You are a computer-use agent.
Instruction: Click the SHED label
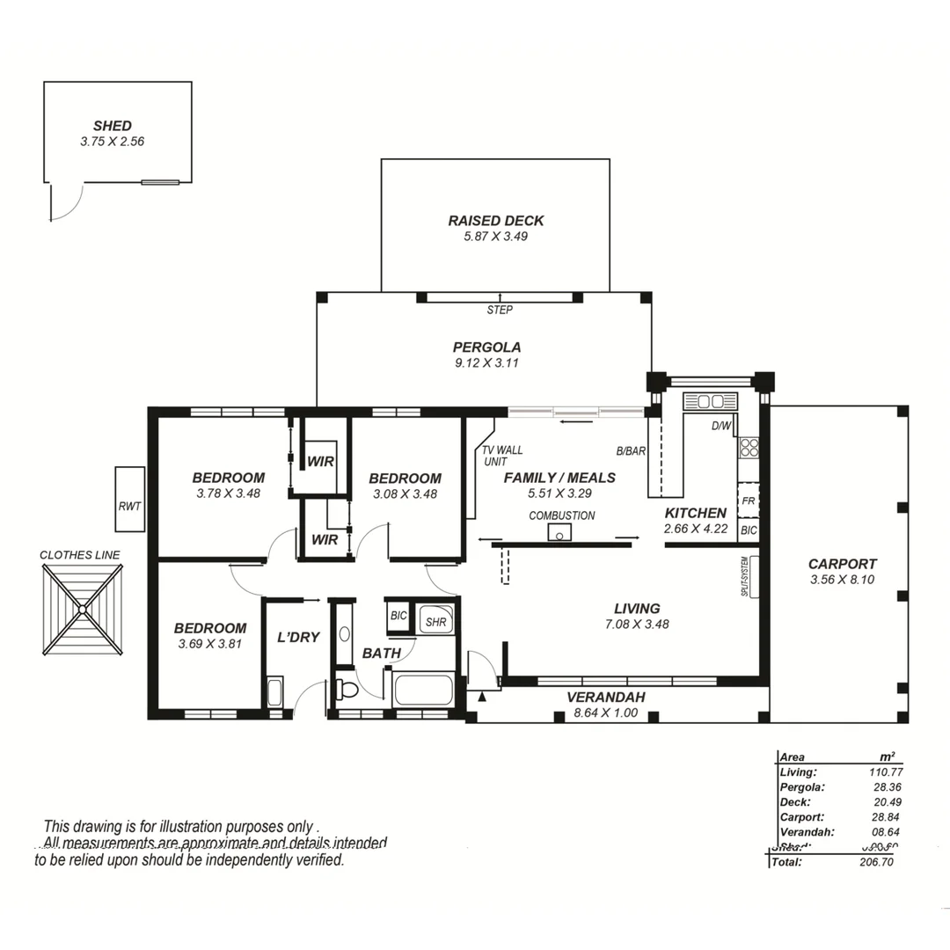coord(113,126)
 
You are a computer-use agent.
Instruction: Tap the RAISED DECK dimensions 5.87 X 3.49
coord(495,236)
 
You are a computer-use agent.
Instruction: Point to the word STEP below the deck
coord(499,310)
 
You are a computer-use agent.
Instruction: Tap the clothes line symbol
coord(82,609)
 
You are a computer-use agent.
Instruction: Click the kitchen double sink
coord(710,401)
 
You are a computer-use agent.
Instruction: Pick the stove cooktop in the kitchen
coord(749,448)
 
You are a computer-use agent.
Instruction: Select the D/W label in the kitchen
coord(720,427)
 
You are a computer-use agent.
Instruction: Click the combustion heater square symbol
coord(559,532)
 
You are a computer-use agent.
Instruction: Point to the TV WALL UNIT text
coord(501,456)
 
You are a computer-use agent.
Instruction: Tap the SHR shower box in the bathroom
coord(435,621)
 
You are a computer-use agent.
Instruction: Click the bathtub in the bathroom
coord(423,688)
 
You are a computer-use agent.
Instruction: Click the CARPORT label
coord(842,564)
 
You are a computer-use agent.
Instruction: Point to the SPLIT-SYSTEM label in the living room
coord(744,577)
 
